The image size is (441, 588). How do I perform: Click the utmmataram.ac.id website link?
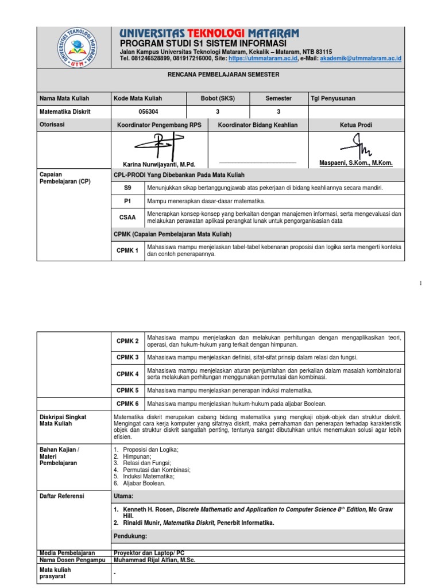point(263,59)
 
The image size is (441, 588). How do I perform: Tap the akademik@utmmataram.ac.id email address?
point(361,59)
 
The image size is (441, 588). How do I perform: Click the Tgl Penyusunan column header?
point(332,98)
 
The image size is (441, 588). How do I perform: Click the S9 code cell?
point(127,188)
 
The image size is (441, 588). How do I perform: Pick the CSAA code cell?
point(127,218)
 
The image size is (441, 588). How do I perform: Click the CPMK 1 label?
point(127,250)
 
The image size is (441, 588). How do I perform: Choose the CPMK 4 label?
point(127,374)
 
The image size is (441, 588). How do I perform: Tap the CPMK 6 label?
point(127,404)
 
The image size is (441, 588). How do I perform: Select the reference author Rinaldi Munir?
point(141,523)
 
